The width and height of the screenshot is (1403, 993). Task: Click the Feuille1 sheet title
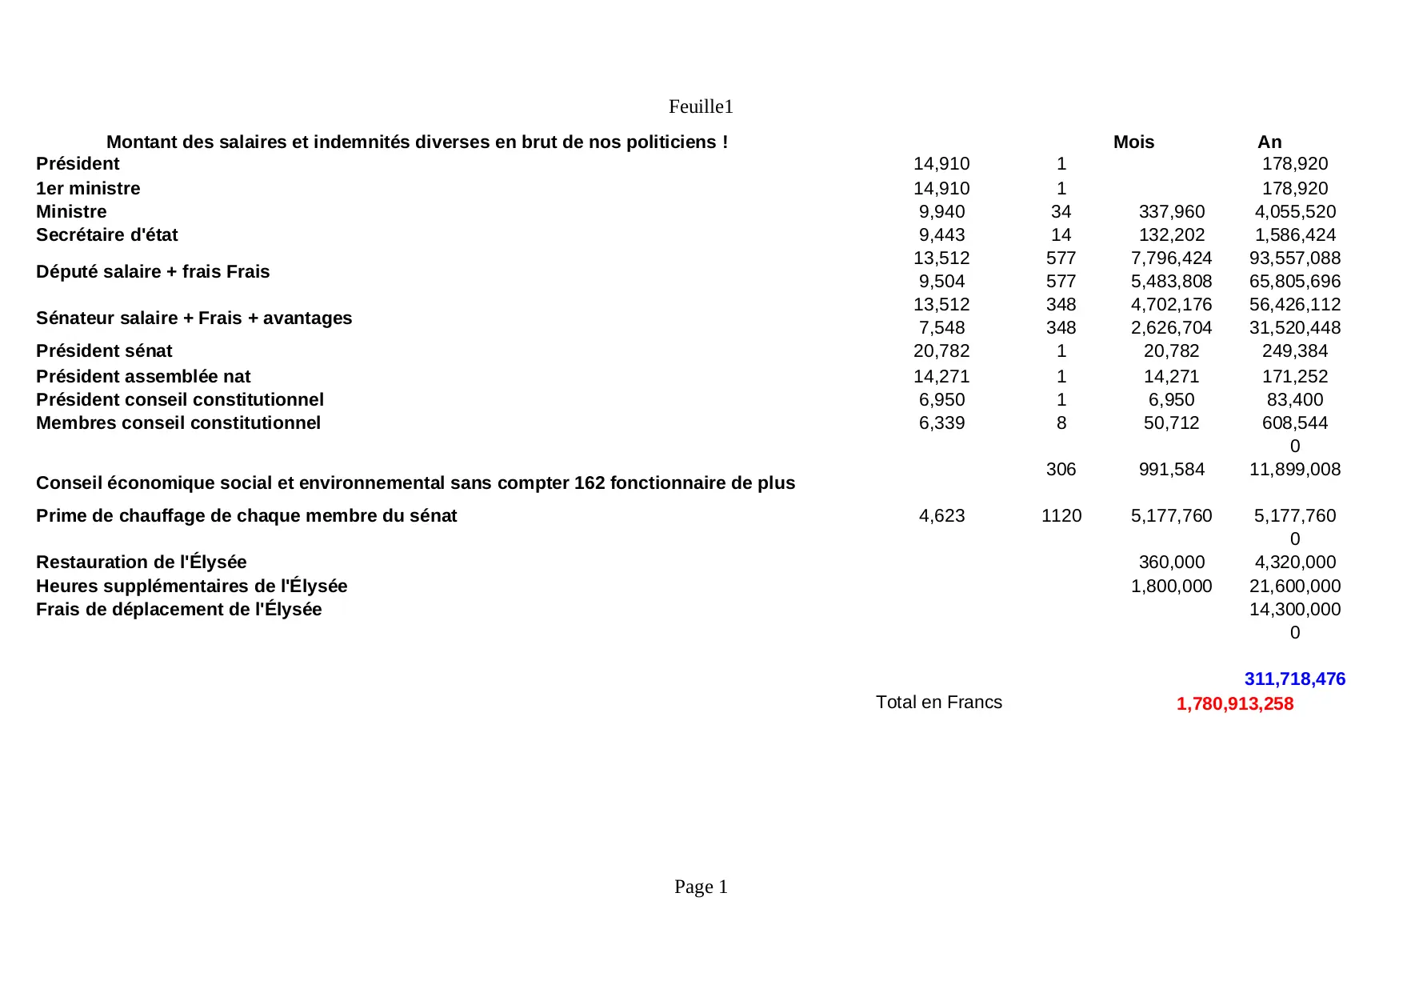click(x=701, y=106)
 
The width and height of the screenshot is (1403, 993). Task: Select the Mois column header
click(x=1133, y=142)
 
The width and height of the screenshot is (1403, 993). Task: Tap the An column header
click(x=1269, y=142)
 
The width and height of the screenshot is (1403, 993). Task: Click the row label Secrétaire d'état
click(x=106, y=234)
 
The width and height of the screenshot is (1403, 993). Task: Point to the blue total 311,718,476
click(x=1294, y=679)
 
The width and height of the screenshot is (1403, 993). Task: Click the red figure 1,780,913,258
click(x=1234, y=703)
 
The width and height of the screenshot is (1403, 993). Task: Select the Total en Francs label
click(x=938, y=702)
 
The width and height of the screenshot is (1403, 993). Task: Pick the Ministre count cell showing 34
click(x=1061, y=211)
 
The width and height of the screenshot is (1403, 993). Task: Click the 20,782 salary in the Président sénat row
click(x=941, y=350)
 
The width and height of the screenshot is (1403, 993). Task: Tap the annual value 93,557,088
click(x=1294, y=258)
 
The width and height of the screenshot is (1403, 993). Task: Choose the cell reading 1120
click(x=1061, y=515)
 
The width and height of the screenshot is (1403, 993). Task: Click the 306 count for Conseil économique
click(x=1061, y=469)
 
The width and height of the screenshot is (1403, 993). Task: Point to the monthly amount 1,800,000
click(x=1171, y=586)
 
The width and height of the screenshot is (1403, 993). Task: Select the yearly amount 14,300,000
click(x=1294, y=609)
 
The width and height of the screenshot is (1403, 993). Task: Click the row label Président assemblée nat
click(x=143, y=376)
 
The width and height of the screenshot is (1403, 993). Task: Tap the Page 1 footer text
click(x=701, y=887)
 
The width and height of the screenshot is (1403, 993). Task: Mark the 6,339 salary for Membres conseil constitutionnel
click(x=941, y=422)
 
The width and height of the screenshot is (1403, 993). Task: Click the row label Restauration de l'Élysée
click(x=141, y=562)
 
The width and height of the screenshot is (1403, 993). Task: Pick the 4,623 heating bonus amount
click(x=941, y=515)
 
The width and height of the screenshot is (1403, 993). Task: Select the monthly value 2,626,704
click(x=1171, y=327)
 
